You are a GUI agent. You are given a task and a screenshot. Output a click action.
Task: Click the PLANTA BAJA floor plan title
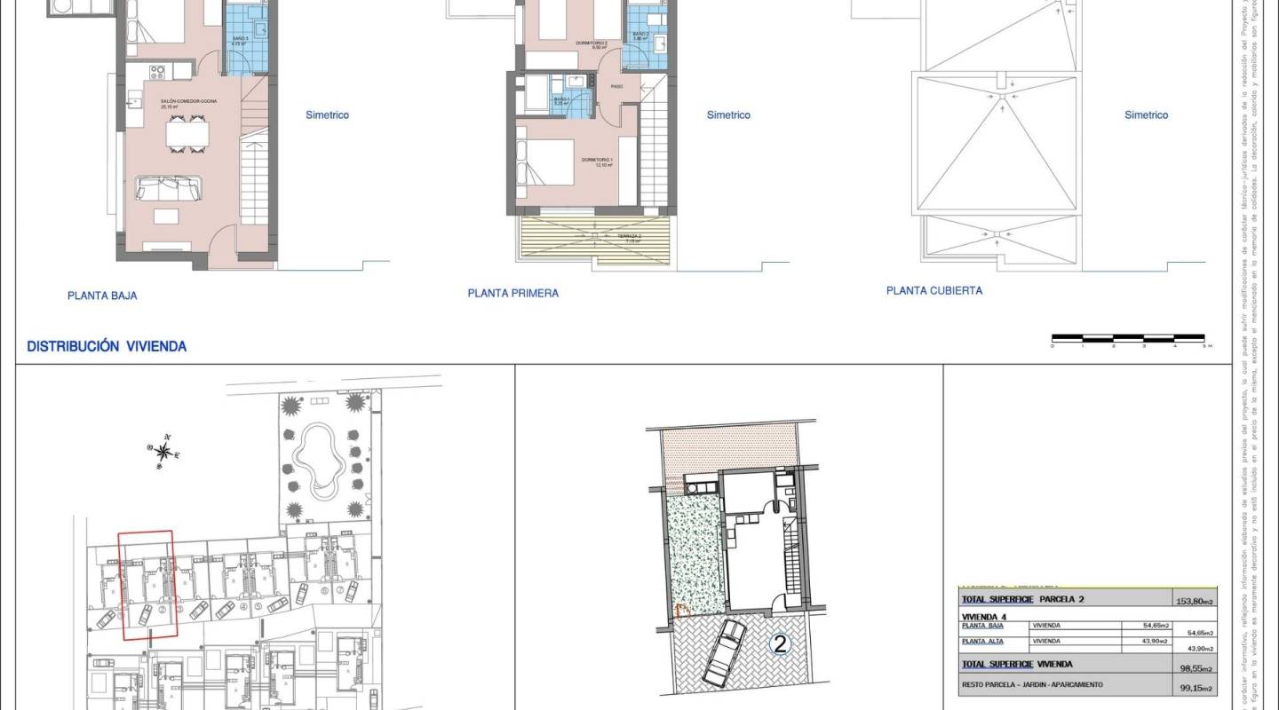point(102,296)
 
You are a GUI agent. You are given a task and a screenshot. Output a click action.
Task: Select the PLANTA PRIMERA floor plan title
point(513,293)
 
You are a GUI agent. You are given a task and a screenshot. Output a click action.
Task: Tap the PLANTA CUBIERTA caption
point(934,290)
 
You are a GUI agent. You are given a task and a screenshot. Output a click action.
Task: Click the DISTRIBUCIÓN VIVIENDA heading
point(107,347)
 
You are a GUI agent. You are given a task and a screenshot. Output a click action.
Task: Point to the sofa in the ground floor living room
point(168,188)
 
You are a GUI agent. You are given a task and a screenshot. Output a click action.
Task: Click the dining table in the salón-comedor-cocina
point(187,133)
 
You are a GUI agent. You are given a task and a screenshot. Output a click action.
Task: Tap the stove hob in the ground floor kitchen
point(160,70)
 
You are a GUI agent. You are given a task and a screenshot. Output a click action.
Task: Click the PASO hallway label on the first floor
point(616,86)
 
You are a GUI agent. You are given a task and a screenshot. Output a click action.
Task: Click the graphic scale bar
point(1128,338)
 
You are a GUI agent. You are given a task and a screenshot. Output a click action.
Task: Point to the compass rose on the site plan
point(163,450)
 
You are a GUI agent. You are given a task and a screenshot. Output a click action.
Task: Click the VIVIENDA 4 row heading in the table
point(984,614)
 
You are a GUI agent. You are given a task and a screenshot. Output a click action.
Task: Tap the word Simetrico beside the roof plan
point(1146,114)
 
